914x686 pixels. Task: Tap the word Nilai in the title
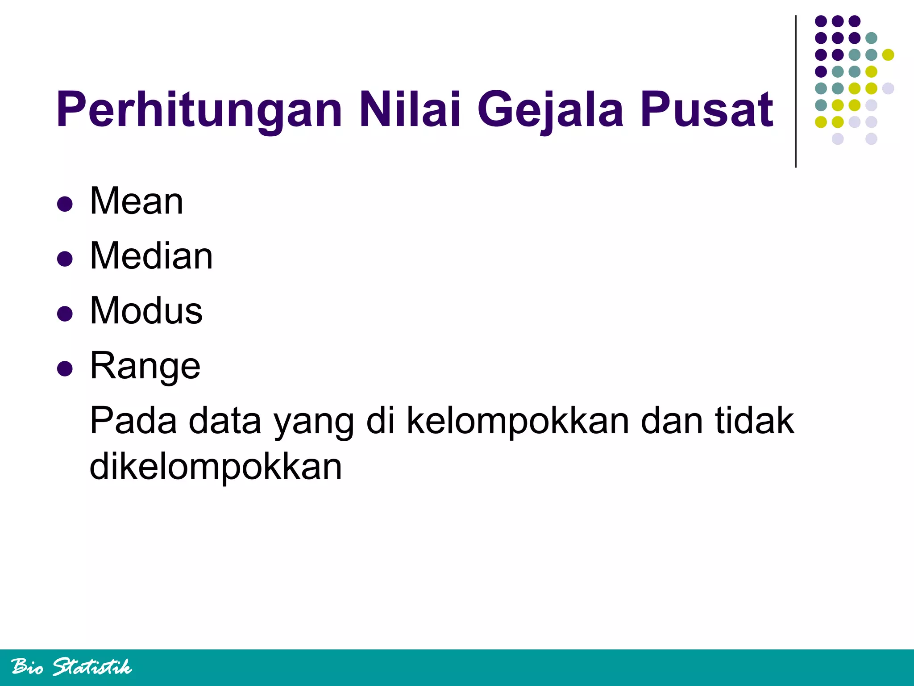coord(410,109)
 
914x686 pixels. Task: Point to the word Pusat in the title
coord(706,109)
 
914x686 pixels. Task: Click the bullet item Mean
coord(137,201)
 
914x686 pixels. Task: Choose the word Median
coord(151,256)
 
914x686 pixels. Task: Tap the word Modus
coord(146,311)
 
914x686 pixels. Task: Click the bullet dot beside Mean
coord(65,204)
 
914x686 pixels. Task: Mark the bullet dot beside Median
coord(65,259)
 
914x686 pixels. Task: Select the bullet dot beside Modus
coord(65,314)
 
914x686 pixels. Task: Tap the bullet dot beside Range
coord(65,369)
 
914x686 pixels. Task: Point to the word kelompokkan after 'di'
coord(518,421)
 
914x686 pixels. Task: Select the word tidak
coord(755,421)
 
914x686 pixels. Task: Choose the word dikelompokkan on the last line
coord(216,467)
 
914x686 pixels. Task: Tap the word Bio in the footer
coord(28,667)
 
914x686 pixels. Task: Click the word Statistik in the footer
coord(92,667)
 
